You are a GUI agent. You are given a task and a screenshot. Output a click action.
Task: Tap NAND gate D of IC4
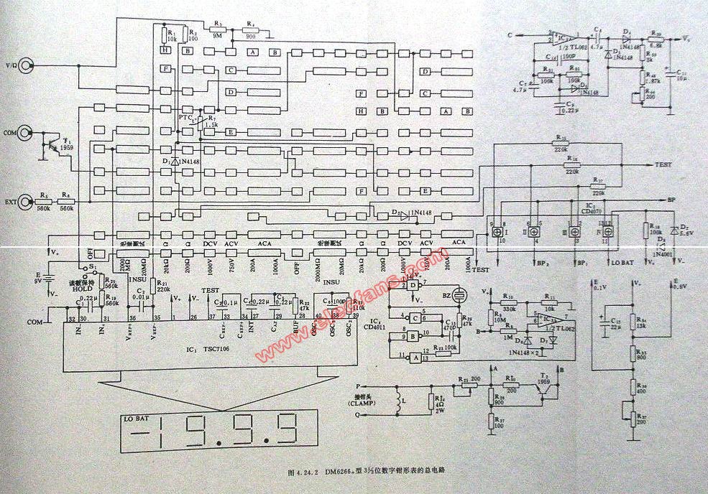(x=414, y=285)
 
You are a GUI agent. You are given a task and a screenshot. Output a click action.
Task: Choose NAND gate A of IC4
(x=414, y=355)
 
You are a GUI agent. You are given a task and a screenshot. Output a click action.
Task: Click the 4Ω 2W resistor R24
(x=432, y=402)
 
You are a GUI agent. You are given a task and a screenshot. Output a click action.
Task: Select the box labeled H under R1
(x=165, y=50)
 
